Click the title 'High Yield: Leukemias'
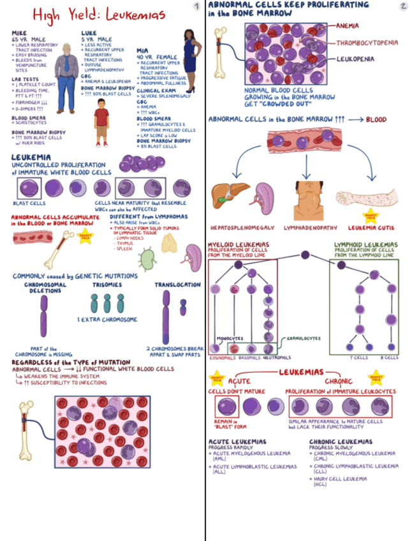pyautogui.click(x=98, y=13)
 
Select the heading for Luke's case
pyautogui.click(x=89, y=31)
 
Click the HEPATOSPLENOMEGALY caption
pyautogui.click(x=242, y=228)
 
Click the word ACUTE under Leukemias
pyautogui.click(x=240, y=382)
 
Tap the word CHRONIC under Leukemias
pyautogui.click(x=339, y=382)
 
